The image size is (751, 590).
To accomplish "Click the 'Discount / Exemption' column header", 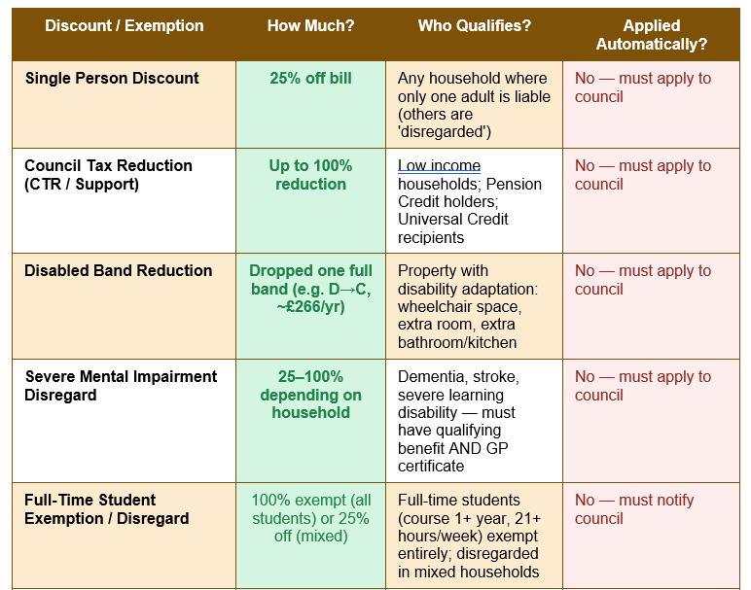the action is pos(125,25).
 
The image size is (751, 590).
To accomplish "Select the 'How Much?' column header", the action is pos(310,25).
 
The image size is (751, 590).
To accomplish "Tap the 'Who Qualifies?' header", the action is pos(474,25).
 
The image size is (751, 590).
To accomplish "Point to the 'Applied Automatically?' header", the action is pos(652,34).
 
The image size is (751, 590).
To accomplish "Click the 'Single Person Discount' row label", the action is pos(112,78).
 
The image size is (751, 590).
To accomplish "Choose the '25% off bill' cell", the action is pos(310,78).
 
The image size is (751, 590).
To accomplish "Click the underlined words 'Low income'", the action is pos(439,165).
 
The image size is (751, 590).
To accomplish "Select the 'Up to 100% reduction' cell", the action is pos(310,175).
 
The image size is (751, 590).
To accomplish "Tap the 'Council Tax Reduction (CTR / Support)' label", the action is pos(108,175).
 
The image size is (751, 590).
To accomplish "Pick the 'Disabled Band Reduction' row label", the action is pos(119,270).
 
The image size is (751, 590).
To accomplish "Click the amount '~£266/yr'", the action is pos(310,306).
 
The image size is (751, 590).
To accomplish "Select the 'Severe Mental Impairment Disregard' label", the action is pos(121,386).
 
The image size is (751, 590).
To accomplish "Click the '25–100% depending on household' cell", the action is pos(310,395).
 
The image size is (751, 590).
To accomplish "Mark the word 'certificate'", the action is pos(431,466).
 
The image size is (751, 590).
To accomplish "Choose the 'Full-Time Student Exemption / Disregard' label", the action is pos(107,509).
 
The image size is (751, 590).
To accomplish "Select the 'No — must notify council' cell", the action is pos(634,509).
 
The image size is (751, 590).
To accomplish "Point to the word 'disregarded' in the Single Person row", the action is pos(444,131).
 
